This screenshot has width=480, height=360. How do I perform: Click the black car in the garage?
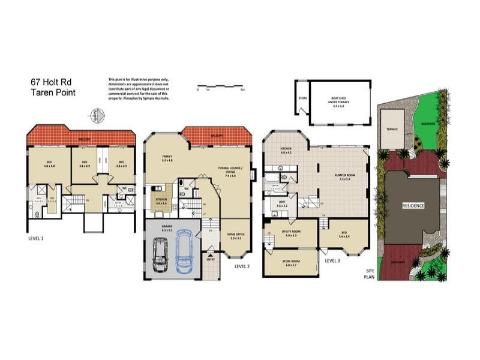[160, 255]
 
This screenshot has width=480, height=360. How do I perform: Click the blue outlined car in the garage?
[185, 255]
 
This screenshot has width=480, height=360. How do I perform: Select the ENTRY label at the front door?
[210, 260]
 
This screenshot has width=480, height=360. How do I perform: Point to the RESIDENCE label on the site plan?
[413, 205]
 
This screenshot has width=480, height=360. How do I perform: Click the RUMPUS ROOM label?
[346, 176]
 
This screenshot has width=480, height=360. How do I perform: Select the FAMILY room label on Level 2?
[167, 158]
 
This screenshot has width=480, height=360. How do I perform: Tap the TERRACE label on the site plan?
[392, 128]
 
